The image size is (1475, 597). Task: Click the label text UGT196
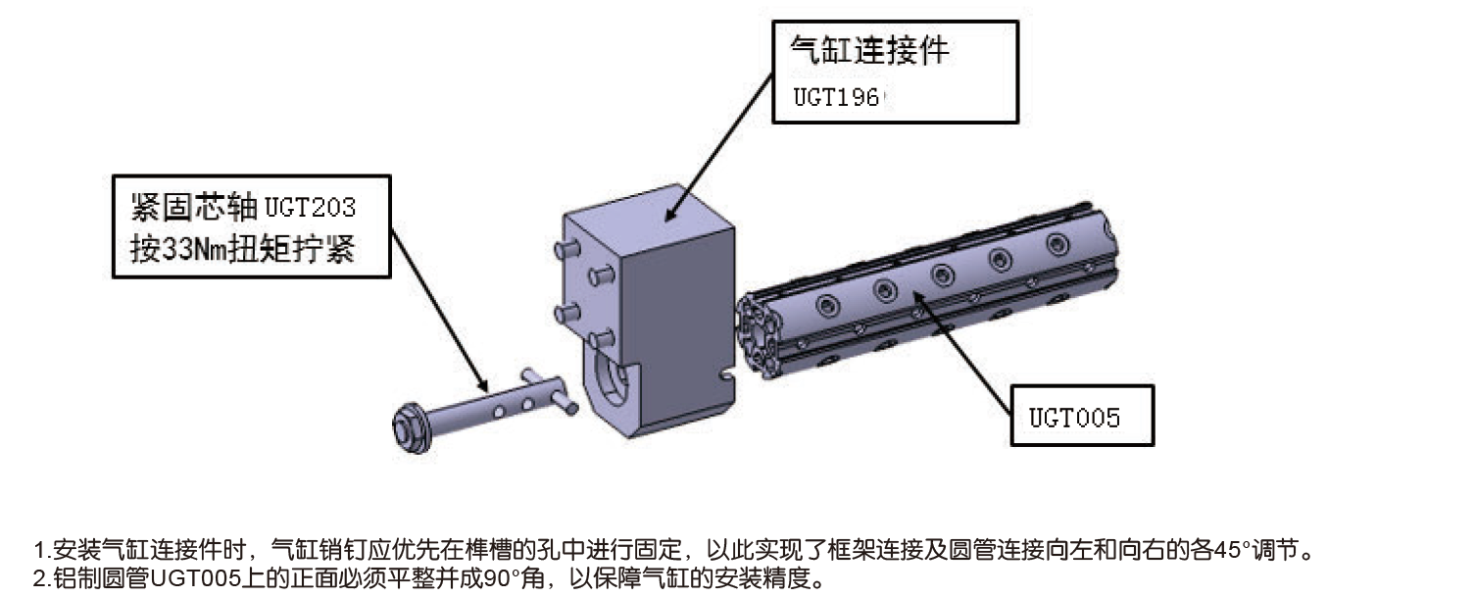point(837,97)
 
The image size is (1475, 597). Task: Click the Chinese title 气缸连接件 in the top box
point(869,50)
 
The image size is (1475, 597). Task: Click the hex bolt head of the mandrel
point(406,424)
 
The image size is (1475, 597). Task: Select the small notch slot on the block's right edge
point(726,374)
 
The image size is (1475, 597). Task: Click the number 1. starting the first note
point(40,547)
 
